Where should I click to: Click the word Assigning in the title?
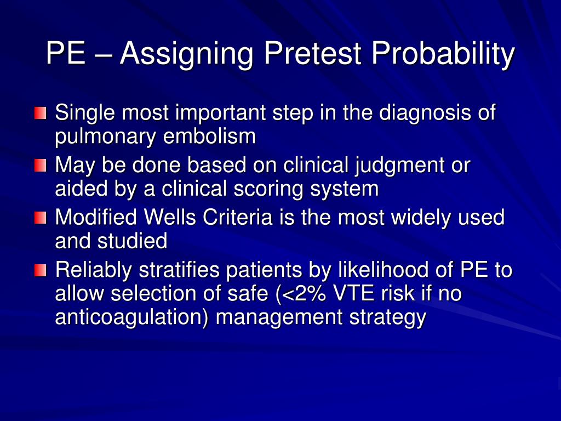[x=187, y=54]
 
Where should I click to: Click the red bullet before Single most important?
[x=41, y=113]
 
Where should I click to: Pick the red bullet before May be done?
[x=41, y=165]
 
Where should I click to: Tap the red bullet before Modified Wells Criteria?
[x=41, y=218]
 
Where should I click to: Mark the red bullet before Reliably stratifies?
[x=41, y=270]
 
